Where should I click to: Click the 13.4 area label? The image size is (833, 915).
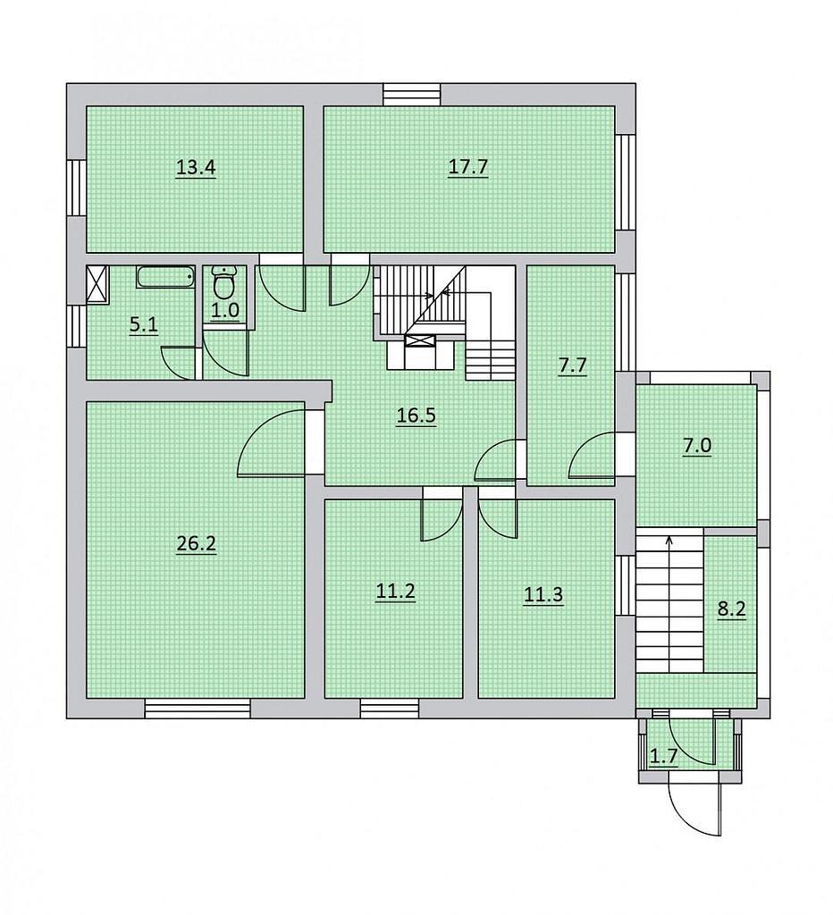tap(196, 168)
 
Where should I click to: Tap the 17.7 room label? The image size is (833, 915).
tap(467, 168)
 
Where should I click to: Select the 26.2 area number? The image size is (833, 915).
tap(196, 544)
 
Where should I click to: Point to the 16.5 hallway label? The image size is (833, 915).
tap(416, 416)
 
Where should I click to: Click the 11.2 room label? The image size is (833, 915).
tap(395, 592)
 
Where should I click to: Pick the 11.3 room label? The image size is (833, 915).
tap(543, 595)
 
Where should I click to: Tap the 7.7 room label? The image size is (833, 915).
tap(572, 366)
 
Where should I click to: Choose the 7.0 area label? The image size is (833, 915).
tap(697, 446)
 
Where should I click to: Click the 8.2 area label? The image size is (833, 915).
tap(731, 610)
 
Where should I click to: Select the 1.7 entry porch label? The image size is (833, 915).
tap(664, 757)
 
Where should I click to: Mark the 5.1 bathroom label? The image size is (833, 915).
tap(144, 324)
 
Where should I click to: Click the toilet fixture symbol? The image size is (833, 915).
tap(223, 281)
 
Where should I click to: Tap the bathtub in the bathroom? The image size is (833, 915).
tap(165, 277)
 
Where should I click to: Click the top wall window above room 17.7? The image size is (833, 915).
tap(411, 95)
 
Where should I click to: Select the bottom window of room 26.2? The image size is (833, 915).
tap(198, 709)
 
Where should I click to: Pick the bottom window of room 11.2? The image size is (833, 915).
tap(390, 709)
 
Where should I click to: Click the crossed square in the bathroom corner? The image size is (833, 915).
tap(97, 284)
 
